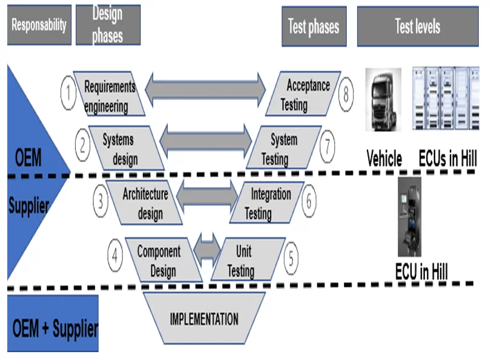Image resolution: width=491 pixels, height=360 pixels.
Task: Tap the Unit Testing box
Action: pyautogui.click(x=245, y=261)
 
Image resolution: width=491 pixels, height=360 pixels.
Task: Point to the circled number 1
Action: pyautogui.click(x=69, y=94)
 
